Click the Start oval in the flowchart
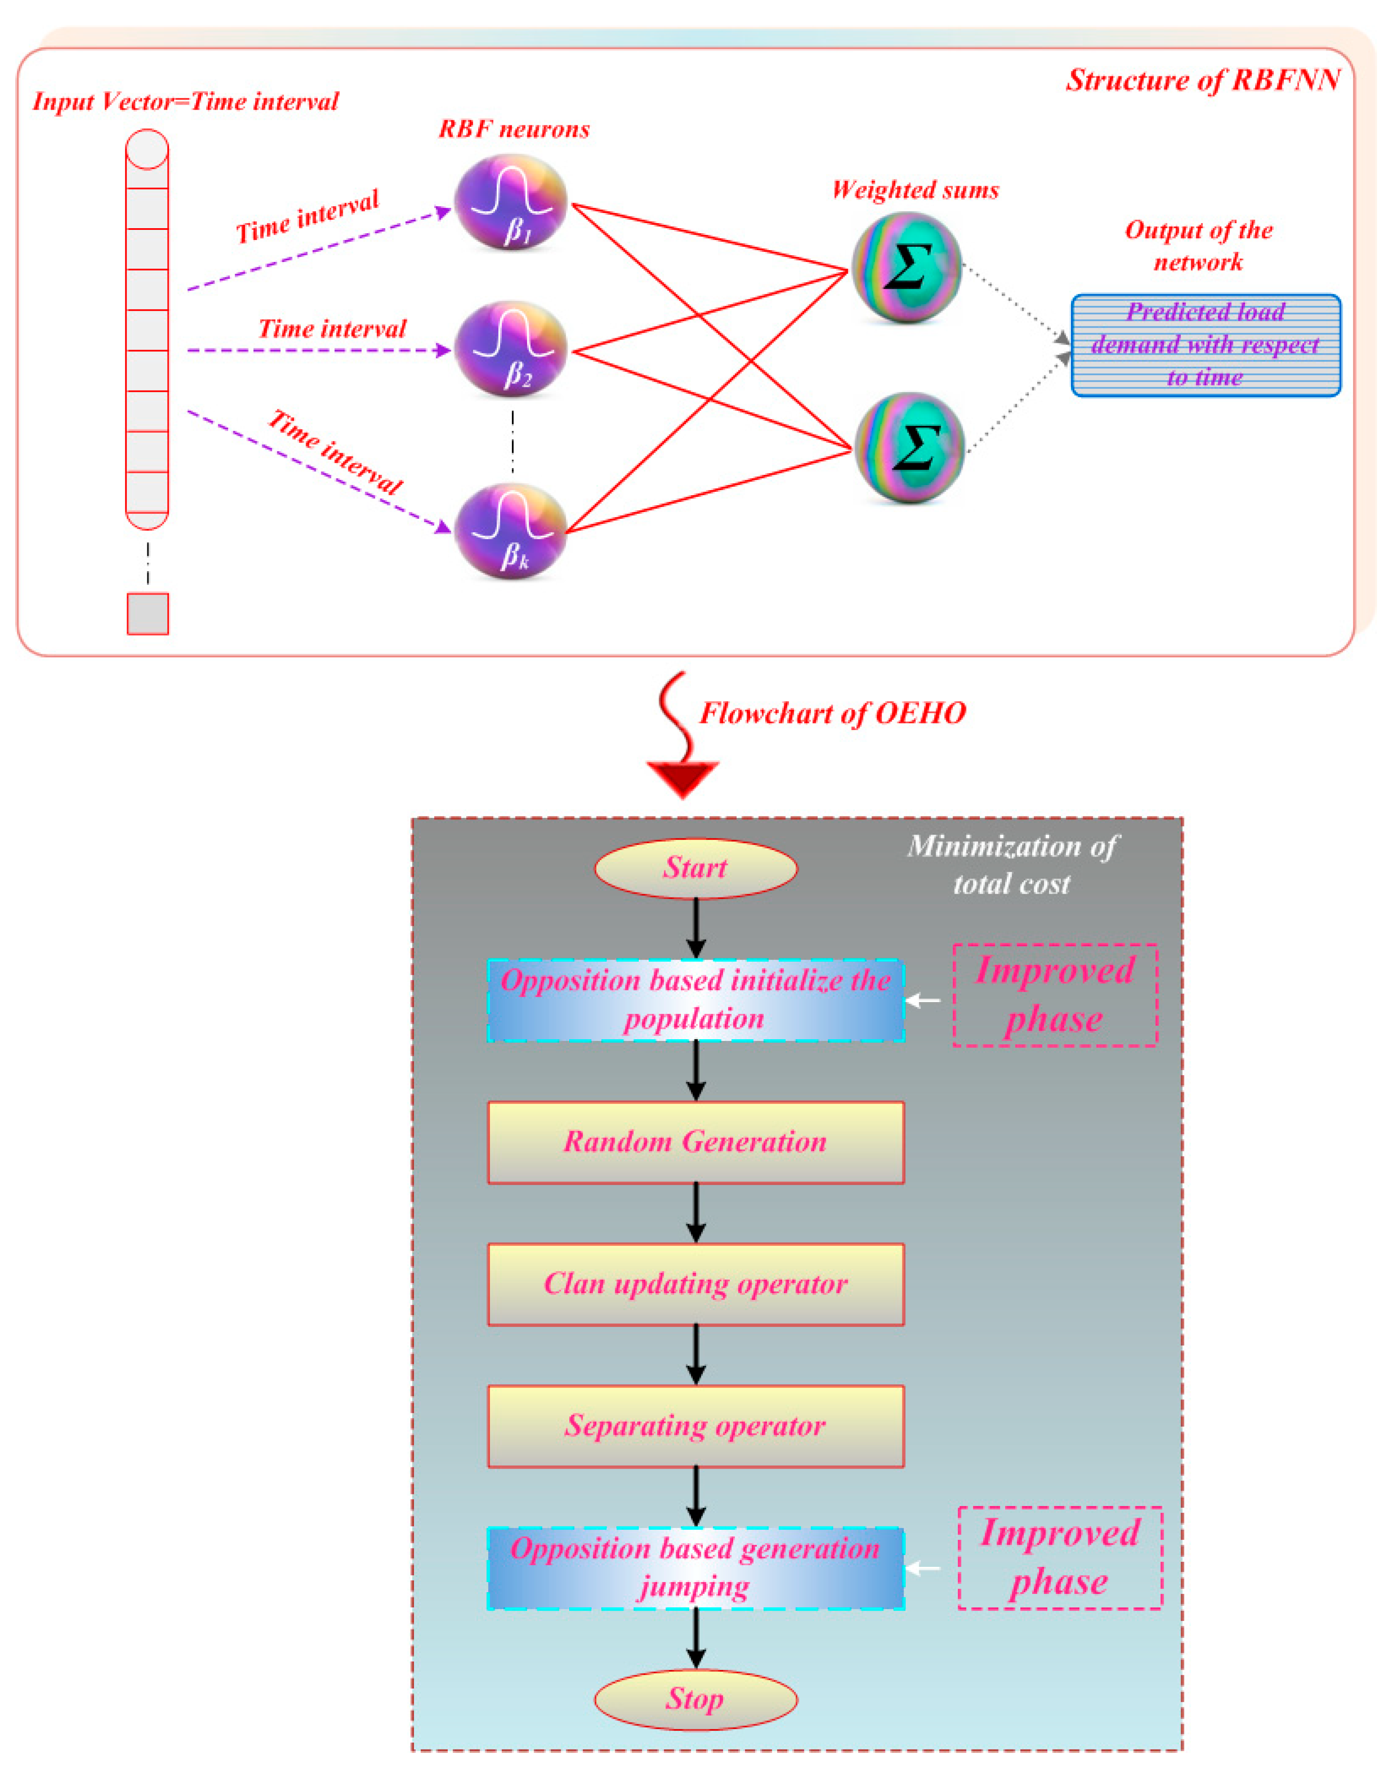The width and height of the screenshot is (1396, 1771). pos(696,868)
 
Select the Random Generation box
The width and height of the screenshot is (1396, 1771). pos(696,1142)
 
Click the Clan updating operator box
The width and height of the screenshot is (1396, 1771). pos(696,1285)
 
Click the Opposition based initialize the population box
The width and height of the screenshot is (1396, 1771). pos(696,1000)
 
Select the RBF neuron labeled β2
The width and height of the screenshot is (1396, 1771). pos(511,349)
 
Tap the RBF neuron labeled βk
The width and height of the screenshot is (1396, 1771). pos(511,531)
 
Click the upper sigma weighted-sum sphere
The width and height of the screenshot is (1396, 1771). pos(907,267)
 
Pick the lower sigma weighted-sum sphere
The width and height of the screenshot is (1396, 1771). pos(910,448)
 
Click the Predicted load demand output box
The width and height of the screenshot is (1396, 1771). pos(1206,345)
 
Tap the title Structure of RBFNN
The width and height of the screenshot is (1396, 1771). pos(1203,80)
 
